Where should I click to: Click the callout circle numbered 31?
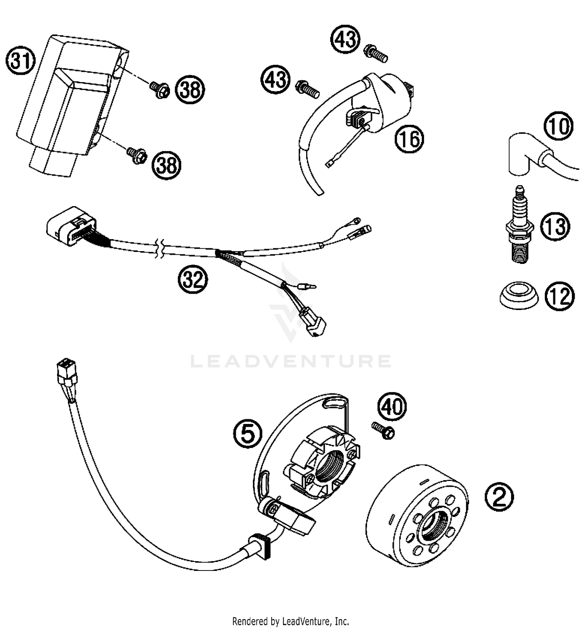(x=21, y=61)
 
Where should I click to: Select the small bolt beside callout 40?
(x=383, y=430)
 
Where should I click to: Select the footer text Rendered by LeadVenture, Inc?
(x=291, y=621)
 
